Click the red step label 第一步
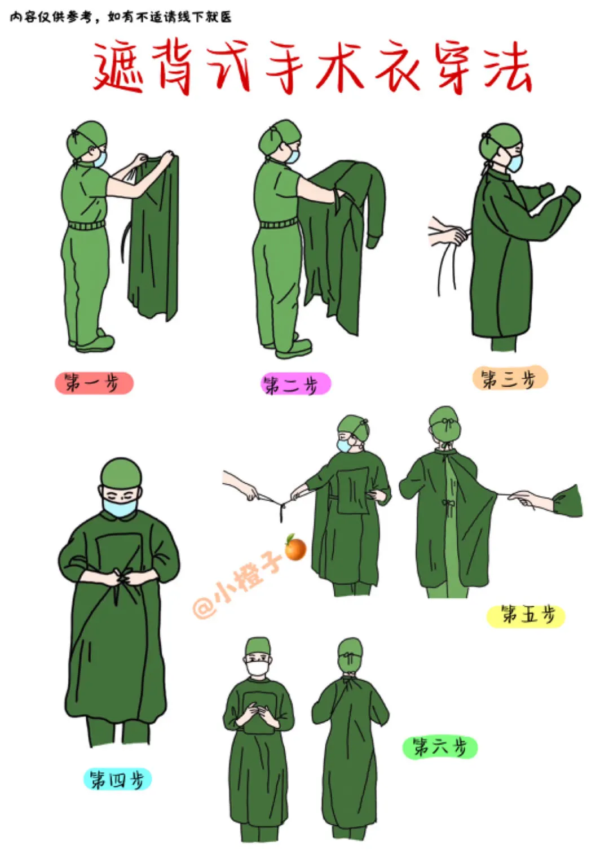94,383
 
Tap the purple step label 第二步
295,384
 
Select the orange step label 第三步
510,378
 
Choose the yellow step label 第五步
526,616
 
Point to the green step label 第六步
440,747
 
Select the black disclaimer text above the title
121,17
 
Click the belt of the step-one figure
86,225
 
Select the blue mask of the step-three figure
514,162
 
